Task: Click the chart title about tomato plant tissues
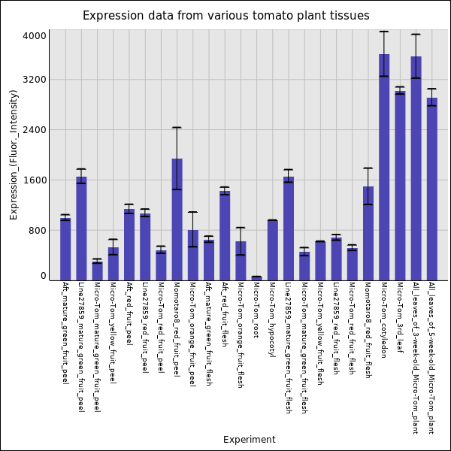(225, 16)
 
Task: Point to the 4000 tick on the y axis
(35, 35)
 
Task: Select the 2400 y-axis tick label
(35, 130)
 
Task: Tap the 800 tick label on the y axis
(38, 231)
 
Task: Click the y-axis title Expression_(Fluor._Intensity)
(14, 154)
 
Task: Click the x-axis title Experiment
(249, 440)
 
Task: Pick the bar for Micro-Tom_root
(256, 278)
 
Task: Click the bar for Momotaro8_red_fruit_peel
(177, 219)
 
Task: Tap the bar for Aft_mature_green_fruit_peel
(65, 249)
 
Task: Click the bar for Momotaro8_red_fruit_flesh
(368, 233)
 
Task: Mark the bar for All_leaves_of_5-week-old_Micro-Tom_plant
(431, 189)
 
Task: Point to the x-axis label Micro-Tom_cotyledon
(383, 319)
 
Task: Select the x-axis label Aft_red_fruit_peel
(129, 314)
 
